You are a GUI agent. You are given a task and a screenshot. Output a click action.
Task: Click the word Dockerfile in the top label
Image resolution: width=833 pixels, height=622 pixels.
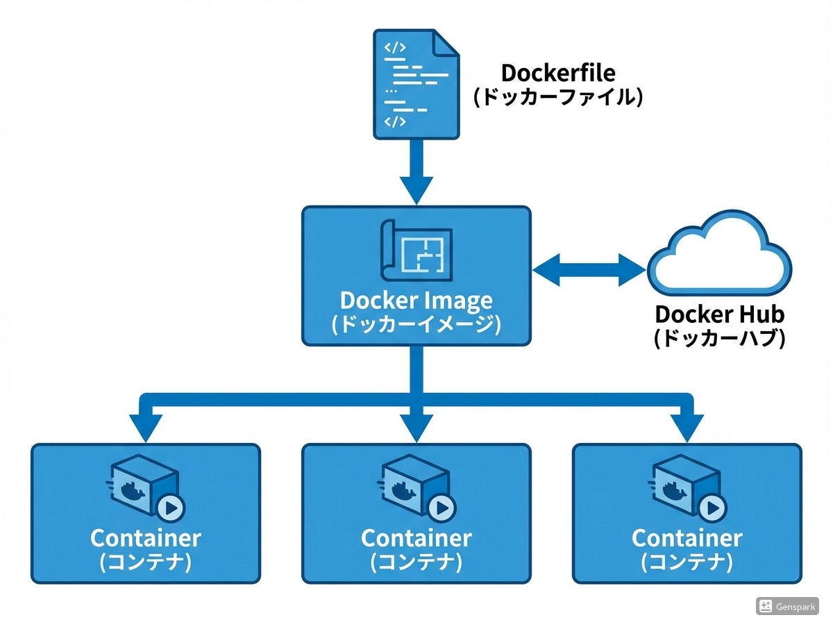pos(558,72)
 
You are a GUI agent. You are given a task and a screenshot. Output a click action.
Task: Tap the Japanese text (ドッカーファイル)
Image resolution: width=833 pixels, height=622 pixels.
pos(558,96)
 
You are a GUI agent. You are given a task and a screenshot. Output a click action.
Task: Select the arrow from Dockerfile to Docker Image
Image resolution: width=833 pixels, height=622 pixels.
pos(416,170)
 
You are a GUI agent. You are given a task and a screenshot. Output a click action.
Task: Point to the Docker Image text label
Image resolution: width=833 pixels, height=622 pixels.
pos(416,301)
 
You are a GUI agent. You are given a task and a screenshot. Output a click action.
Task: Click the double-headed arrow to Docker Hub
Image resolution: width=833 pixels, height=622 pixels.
pos(589,270)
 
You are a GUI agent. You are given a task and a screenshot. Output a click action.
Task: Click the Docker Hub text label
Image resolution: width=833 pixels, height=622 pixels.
pos(719,314)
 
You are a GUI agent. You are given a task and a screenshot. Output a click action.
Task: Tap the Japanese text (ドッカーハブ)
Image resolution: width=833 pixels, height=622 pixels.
pos(719,338)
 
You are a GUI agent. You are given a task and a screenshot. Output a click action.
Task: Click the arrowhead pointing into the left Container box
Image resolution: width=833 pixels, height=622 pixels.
pos(144,427)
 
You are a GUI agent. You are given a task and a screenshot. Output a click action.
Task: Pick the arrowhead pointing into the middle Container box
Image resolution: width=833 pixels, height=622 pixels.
pos(416,427)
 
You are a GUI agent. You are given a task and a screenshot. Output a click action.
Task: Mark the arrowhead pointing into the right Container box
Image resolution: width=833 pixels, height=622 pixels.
pos(687,427)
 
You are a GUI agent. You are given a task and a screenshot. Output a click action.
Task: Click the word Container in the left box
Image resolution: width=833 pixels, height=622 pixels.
pos(146,538)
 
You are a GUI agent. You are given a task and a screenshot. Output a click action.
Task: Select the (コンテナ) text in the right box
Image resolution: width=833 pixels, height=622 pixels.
pos(687,561)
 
